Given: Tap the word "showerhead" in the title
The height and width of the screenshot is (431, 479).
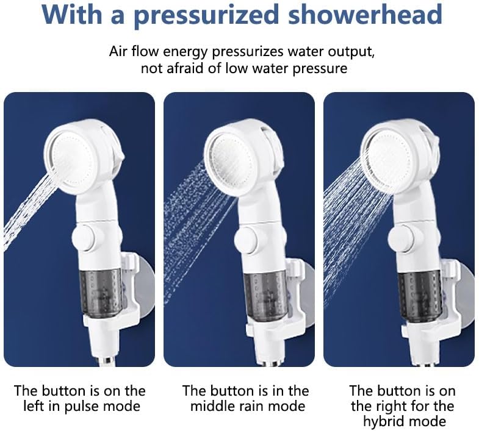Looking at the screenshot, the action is (x=365, y=14).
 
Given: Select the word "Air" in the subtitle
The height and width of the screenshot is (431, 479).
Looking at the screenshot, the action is (x=118, y=52).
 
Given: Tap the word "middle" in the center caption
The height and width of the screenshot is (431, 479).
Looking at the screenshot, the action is (x=211, y=406).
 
